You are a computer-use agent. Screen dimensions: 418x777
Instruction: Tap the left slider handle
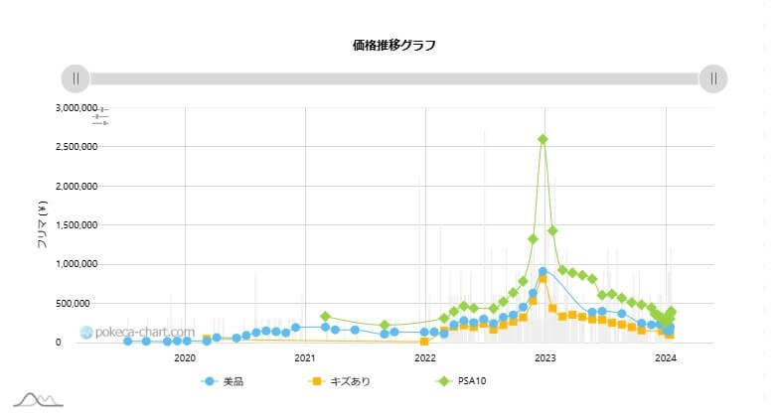(76, 78)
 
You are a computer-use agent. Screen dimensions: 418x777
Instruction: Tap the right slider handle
(713, 78)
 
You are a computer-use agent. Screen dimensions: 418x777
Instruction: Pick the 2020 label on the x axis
(185, 357)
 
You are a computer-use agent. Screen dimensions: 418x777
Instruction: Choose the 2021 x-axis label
(305, 357)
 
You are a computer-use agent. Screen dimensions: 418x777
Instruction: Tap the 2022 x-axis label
(425, 357)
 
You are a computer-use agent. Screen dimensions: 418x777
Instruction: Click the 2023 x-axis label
(545, 357)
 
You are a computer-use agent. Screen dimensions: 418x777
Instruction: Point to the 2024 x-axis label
(666, 357)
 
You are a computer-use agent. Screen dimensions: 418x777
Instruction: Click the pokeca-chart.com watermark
(138, 332)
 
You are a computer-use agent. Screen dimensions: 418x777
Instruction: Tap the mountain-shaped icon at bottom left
(38, 399)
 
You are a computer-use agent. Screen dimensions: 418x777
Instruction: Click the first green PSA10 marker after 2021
(325, 317)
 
